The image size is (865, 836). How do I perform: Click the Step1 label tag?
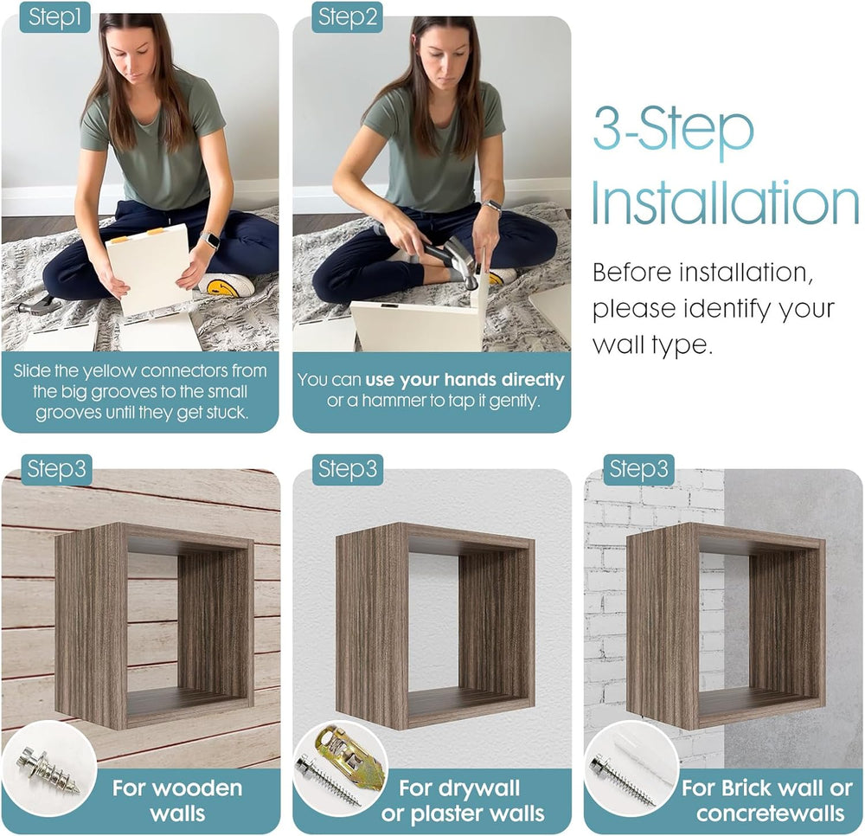click(x=54, y=17)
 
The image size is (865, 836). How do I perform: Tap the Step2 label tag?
click(x=347, y=17)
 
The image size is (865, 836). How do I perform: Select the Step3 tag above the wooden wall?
click(x=56, y=469)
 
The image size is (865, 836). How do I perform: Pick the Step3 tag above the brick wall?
click(x=638, y=469)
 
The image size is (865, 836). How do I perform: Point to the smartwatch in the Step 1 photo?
click(x=209, y=240)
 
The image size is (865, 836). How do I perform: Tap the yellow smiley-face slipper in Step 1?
click(x=226, y=284)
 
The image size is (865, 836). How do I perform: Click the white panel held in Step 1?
click(x=148, y=267)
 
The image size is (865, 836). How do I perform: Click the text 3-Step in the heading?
click(x=673, y=130)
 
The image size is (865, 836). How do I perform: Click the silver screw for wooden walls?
click(x=48, y=769)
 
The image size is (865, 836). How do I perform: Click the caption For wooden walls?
click(x=177, y=801)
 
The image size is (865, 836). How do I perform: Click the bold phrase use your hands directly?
click(x=465, y=380)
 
